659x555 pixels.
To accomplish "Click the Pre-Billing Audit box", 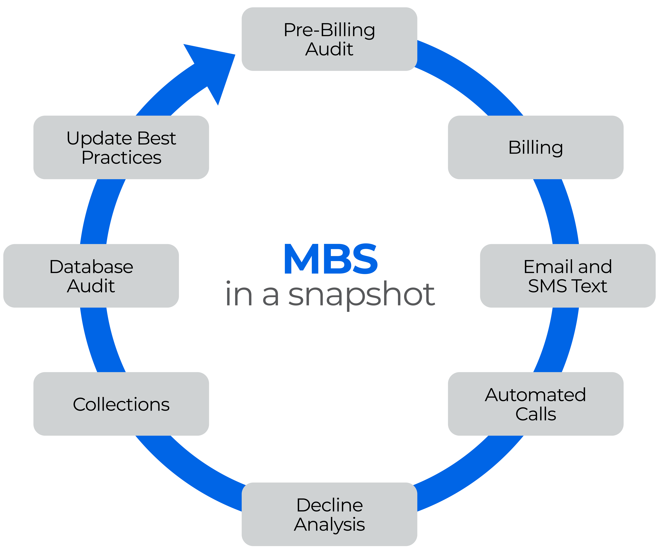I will [329, 39].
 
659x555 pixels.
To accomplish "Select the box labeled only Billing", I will [535, 147].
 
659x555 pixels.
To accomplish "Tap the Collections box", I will [121, 404].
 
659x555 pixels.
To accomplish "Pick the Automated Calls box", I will [535, 404].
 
